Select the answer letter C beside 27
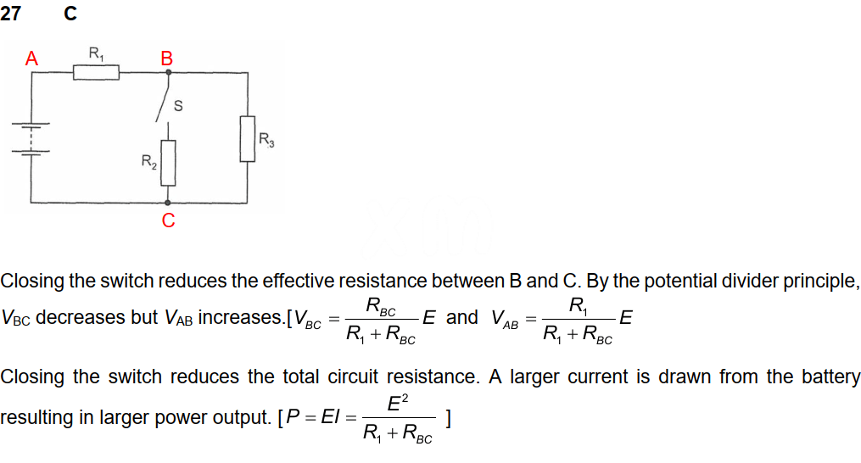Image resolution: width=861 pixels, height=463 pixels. [x=70, y=14]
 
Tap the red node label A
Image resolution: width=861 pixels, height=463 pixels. [x=31, y=59]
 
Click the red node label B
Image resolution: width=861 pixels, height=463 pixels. [x=166, y=59]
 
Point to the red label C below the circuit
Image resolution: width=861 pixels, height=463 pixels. [x=168, y=221]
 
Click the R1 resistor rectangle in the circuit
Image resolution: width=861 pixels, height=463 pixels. [x=96, y=74]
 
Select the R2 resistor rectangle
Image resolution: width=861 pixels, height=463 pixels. [x=168, y=162]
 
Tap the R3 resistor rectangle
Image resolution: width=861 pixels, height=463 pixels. [x=247, y=138]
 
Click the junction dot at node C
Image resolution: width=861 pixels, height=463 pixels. [x=168, y=204]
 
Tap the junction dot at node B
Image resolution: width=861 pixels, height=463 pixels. [x=168, y=73]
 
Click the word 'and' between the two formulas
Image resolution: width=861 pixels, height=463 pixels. [x=462, y=318]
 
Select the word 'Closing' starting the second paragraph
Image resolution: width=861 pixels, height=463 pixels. [x=32, y=377]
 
